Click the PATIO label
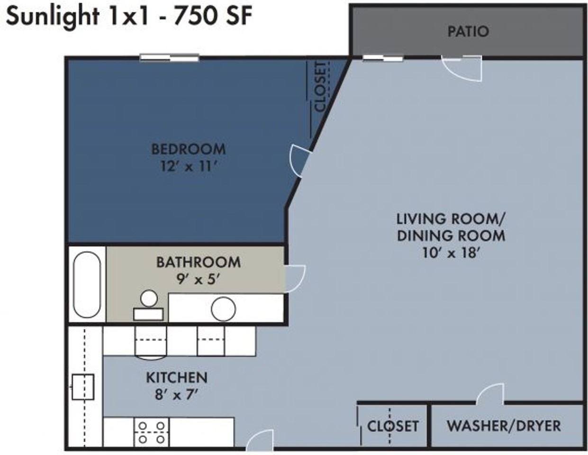coord(468,31)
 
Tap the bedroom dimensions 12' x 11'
coord(189,166)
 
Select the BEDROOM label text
coord(188,149)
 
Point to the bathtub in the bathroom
coord(87,284)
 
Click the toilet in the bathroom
coord(149,305)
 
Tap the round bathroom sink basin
coord(223,309)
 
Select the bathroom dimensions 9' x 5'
coord(198,279)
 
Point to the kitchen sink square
coord(83,387)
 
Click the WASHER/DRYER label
coord(504,426)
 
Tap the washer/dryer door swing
coord(490,393)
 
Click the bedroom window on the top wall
coord(169,58)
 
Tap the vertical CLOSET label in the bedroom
coord(320,86)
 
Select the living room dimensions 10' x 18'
coord(451,253)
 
